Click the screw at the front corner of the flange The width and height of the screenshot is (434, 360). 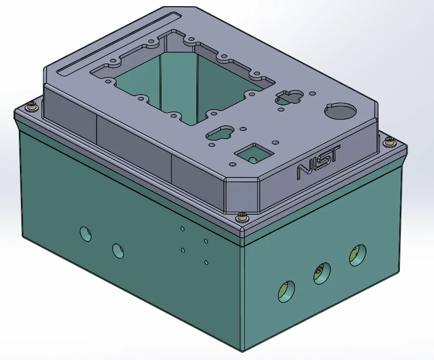(x=242, y=217)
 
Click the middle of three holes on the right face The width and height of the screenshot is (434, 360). (x=321, y=273)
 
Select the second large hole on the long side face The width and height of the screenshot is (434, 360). (x=118, y=250)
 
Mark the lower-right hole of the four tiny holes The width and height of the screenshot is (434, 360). (x=206, y=262)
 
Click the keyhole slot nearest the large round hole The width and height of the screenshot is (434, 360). (x=289, y=97)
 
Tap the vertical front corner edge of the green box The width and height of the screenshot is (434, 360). (x=243, y=297)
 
